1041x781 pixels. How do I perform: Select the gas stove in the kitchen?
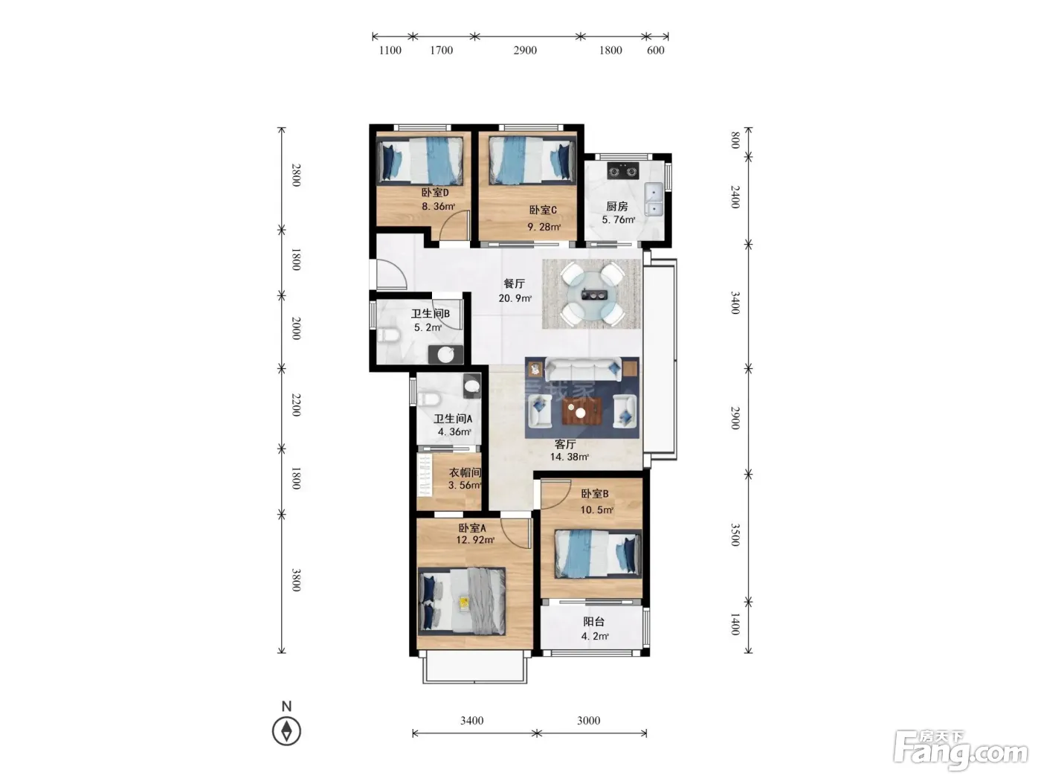click(x=622, y=171)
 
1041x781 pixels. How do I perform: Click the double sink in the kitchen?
click(x=654, y=199)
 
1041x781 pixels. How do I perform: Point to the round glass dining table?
click(x=591, y=295)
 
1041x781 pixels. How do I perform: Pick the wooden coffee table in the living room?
click(x=581, y=411)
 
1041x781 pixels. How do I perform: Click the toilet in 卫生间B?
click(x=389, y=335)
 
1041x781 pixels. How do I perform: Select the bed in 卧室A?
click(x=462, y=600)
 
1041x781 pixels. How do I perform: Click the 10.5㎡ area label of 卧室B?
click(x=596, y=510)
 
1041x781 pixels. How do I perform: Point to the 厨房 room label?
click(x=616, y=206)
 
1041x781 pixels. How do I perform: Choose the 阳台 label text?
click(x=594, y=621)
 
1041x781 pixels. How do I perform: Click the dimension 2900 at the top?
click(x=525, y=51)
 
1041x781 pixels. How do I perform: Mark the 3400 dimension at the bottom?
click(x=472, y=720)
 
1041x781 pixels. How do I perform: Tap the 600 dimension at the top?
click(x=655, y=51)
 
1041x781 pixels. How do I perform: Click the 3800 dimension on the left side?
click(x=296, y=580)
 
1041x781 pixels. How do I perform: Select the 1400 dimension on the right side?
click(x=735, y=624)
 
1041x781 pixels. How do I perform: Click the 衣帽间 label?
click(x=465, y=472)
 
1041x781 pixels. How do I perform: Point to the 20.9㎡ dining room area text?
click(x=515, y=298)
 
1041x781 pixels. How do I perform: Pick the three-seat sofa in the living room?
click(x=583, y=370)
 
